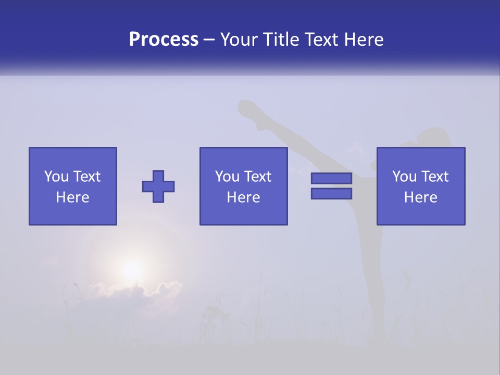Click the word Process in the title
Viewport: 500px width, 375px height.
click(164, 40)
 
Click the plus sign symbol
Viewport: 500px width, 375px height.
click(158, 186)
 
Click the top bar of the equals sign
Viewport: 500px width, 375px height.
click(331, 178)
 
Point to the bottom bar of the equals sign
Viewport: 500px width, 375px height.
click(331, 194)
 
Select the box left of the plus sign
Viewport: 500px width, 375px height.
click(73, 186)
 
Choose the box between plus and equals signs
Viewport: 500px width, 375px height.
click(244, 186)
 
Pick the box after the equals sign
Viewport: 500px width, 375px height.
click(421, 186)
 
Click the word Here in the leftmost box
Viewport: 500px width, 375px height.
click(73, 197)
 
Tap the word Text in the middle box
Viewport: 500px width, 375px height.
click(259, 177)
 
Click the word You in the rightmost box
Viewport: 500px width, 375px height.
click(404, 177)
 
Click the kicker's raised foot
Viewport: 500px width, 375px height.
click(247, 109)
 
